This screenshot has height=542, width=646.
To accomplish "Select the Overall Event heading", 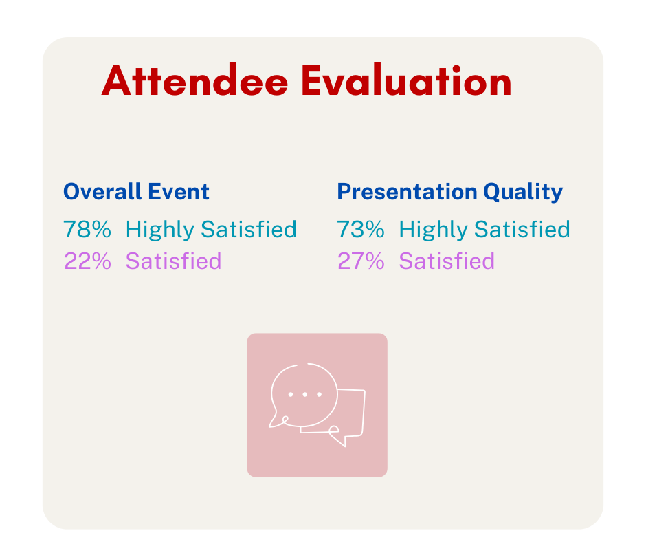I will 136,191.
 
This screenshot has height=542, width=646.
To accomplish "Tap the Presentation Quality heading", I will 449,191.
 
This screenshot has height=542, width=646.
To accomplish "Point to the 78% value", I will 87,229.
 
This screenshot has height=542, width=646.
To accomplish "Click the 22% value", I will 87,261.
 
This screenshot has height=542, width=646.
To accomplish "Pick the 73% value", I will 360,229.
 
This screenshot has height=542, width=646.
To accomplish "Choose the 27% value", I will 360,261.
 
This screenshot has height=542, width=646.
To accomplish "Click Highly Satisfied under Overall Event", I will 211,229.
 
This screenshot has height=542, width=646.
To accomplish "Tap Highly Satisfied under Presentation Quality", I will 485,229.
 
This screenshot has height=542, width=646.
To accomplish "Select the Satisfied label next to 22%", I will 173,261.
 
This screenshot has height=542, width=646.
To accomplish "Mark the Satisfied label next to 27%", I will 447,261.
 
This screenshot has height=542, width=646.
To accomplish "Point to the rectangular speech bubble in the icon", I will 352,413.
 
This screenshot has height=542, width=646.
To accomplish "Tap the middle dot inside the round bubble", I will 304,395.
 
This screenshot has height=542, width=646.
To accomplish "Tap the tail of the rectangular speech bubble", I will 338,439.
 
